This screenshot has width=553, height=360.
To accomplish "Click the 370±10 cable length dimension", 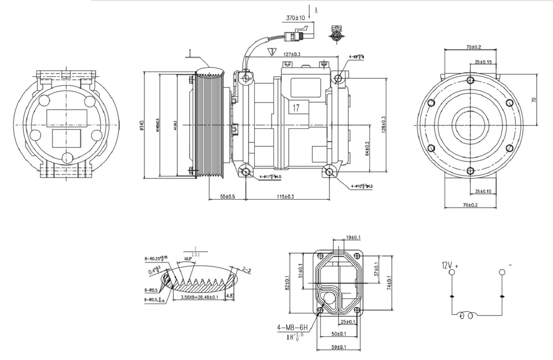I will (295, 18).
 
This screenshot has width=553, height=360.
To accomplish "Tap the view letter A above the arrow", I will (316, 11).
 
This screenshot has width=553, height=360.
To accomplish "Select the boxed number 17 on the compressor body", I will (296, 108).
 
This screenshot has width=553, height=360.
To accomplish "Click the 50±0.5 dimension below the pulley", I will (227, 196).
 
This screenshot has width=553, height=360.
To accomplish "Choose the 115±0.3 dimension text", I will (287, 196).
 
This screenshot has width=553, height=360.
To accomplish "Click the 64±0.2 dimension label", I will (367, 148).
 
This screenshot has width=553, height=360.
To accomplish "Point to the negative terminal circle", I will (502, 272).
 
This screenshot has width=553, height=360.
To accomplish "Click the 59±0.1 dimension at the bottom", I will (338, 347).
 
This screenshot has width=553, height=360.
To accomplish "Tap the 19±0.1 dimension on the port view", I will (353, 238).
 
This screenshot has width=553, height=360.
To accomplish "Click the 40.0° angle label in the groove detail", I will (188, 259).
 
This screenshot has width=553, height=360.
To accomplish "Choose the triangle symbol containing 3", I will (272, 52).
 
